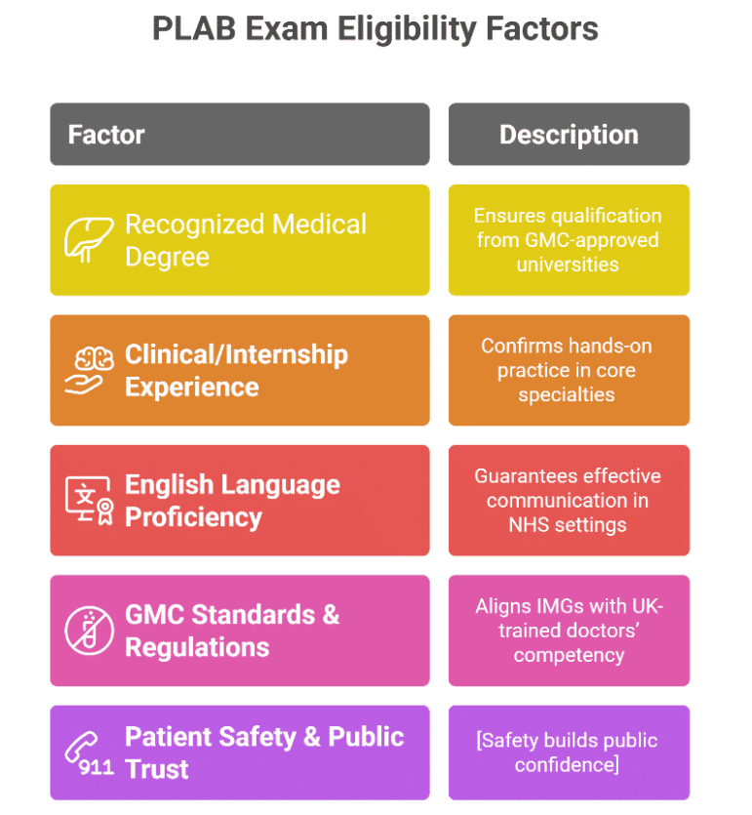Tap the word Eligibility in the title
coord(407,30)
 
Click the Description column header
coord(570,134)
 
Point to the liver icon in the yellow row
coord(89,239)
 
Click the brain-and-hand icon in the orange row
coord(89,370)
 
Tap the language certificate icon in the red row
coord(89,501)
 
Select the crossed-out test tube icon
coord(89,631)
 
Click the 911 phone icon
coord(89,754)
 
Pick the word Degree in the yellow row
coord(167,258)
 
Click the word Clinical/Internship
coord(236,354)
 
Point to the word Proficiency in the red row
coord(194,517)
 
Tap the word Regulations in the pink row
coord(197,648)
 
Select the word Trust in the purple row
coord(157,769)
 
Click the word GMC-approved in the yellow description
coord(592,240)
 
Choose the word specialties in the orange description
coord(567,395)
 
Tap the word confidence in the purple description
coord(565,765)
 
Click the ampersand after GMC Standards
coord(331,615)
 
